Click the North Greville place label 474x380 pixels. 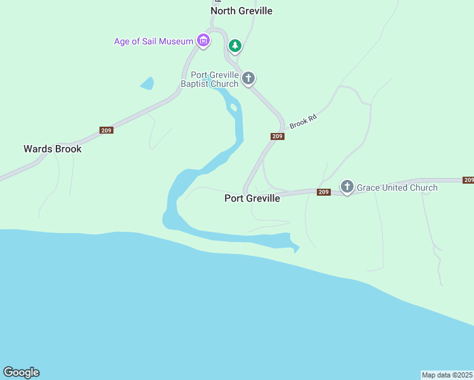pos(241,11)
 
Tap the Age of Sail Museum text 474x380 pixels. pos(153,42)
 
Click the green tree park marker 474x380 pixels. pos(235,46)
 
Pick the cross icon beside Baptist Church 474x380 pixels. pos(248,79)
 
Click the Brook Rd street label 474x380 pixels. pos(303,121)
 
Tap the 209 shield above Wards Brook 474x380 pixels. pos(106,130)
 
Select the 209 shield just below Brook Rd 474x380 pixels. pos(277,137)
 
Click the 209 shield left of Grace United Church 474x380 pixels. pos(323,192)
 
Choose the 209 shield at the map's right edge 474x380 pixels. pos(468,180)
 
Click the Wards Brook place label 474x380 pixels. pos(53,149)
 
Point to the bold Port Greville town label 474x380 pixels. pos(252,198)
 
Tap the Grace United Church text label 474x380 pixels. pos(397,187)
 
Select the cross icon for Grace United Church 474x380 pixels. pos(347,187)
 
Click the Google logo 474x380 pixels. pos(21,372)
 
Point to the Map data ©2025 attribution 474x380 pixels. pos(447,375)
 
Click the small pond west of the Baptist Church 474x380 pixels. pos(147,83)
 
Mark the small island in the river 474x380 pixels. pos(234,107)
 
